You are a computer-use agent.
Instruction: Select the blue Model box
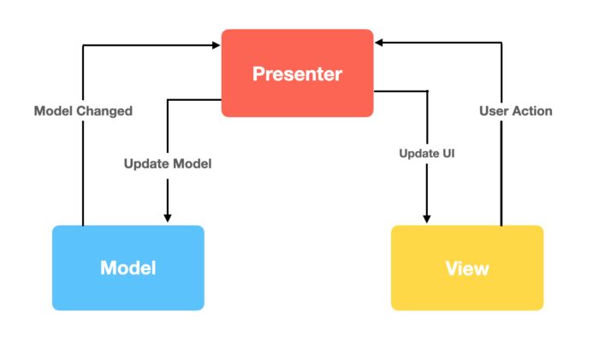pyautogui.click(x=128, y=268)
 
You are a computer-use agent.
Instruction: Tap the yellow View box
pyautogui.click(x=466, y=268)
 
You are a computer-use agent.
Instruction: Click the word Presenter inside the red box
pyautogui.click(x=297, y=74)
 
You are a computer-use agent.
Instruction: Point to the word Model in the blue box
pyautogui.click(x=128, y=268)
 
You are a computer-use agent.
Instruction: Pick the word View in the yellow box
pyautogui.click(x=467, y=269)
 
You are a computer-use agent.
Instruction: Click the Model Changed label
pyautogui.click(x=83, y=111)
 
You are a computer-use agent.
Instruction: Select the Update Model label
pyautogui.click(x=167, y=162)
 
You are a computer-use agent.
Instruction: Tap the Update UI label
pyautogui.click(x=425, y=154)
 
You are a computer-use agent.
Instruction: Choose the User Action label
pyautogui.click(x=515, y=111)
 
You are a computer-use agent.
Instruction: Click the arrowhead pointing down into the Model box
pyautogui.click(x=168, y=216)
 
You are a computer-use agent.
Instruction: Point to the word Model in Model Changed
pyautogui.click(x=53, y=111)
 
